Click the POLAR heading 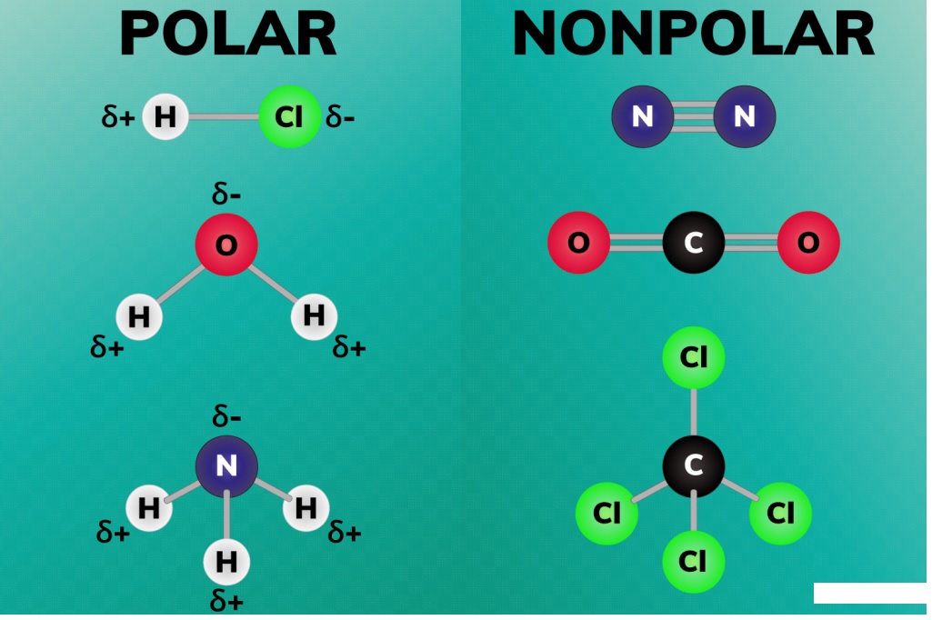point(227,35)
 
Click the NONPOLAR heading point(693,35)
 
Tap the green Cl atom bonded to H point(289,116)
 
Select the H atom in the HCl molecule point(165,116)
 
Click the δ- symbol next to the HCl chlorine point(340,117)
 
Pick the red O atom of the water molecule point(226,244)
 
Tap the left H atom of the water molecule point(139,316)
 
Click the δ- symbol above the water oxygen point(226,194)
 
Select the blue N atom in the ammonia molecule point(226,466)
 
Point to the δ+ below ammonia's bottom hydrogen point(226,600)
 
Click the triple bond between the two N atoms point(693,116)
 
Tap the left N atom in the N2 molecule point(643,116)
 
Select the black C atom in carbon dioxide point(693,243)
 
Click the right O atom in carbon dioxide point(808,243)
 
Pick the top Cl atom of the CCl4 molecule point(693,356)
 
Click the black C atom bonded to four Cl point(693,465)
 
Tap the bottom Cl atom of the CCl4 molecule point(693,562)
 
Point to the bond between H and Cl point(223,116)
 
